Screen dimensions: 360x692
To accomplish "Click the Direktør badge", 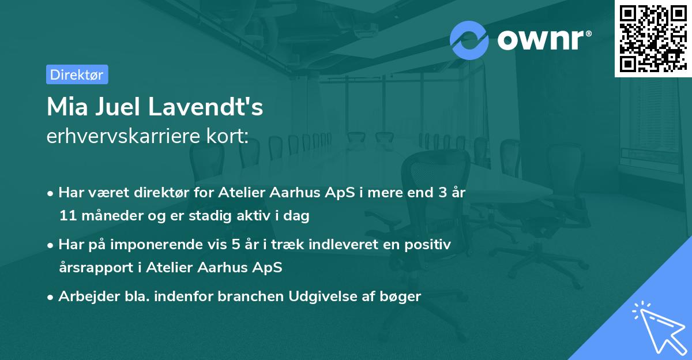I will (x=77, y=74).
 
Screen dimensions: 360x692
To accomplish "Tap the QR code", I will (x=652, y=38).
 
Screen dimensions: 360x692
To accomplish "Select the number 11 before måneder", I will (x=66, y=216).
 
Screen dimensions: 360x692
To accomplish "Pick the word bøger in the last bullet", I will (x=403, y=297).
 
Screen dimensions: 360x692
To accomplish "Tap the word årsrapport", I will (x=92, y=268).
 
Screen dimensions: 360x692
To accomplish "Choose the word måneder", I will (x=106, y=216).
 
